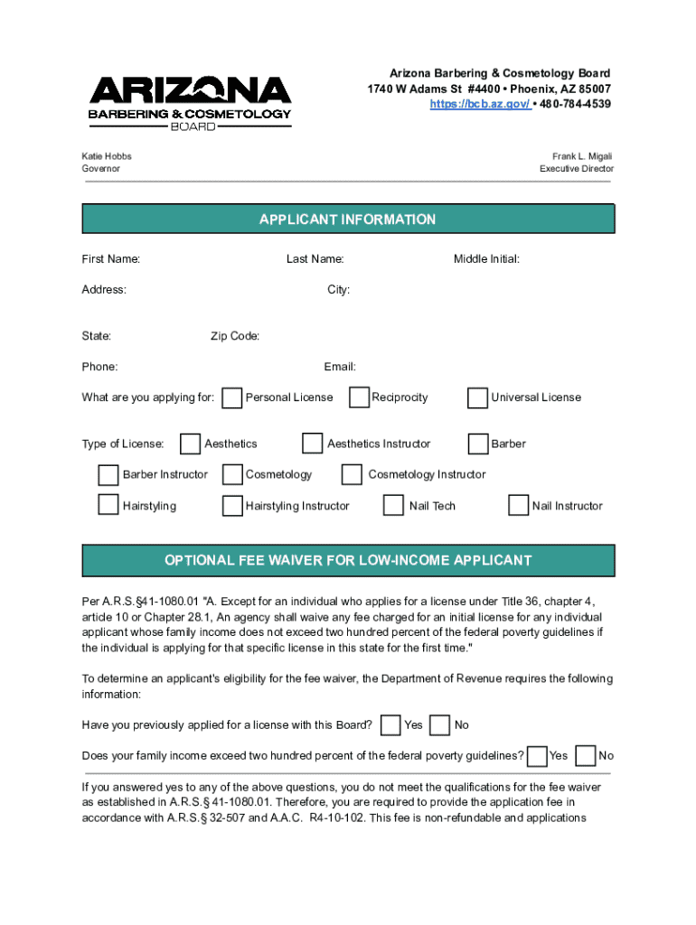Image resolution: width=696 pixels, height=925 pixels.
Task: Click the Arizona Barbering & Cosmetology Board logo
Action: tap(190, 102)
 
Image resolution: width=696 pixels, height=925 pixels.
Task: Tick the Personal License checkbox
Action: tap(232, 397)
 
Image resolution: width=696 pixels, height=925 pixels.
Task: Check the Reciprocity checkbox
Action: tap(359, 397)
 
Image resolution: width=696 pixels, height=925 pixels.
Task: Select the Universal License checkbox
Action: tap(477, 397)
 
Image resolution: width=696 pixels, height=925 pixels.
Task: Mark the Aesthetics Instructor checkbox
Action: tap(312, 444)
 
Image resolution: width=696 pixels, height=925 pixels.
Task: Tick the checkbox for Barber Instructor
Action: tap(108, 474)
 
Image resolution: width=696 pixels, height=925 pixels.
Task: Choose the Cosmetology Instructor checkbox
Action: tap(353, 474)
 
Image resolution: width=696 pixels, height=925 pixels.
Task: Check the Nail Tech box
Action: tap(393, 505)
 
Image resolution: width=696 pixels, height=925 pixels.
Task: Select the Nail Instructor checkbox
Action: tap(518, 505)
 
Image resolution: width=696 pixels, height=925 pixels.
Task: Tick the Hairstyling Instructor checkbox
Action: tap(232, 505)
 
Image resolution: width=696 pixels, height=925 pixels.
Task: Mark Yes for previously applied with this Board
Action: tap(391, 724)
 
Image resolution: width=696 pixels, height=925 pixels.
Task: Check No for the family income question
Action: tap(586, 755)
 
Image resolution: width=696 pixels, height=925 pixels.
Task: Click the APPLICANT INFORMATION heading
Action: tap(347, 220)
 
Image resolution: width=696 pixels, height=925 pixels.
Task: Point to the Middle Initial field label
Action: tap(486, 259)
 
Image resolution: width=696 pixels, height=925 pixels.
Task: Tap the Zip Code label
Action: tap(235, 336)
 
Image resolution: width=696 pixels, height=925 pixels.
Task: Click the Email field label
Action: tap(340, 367)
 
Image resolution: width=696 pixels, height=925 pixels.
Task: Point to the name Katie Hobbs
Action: tap(107, 156)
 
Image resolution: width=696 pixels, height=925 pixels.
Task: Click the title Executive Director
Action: tap(577, 169)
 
